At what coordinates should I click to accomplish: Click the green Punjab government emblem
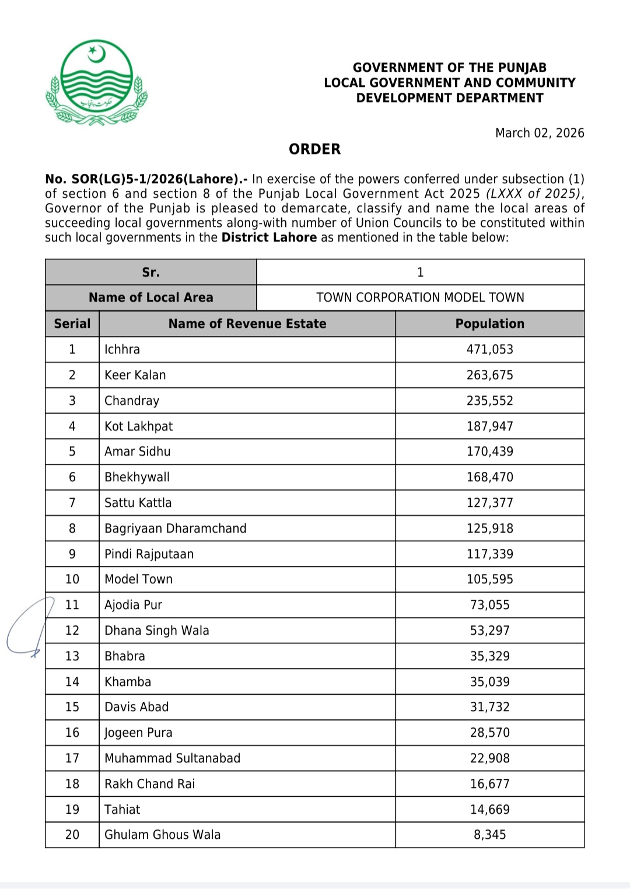tap(96, 82)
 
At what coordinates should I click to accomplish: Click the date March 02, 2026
tap(539, 133)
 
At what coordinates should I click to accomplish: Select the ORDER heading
tap(314, 149)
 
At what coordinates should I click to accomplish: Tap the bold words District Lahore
tap(269, 237)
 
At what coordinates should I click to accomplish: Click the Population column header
tap(489, 324)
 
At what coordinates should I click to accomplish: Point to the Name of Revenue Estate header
tap(247, 324)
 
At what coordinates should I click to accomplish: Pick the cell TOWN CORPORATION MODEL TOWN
tap(420, 297)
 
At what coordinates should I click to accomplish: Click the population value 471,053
tap(489, 349)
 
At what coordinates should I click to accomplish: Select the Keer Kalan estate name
tap(135, 375)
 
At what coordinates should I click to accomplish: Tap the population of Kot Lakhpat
tap(489, 426)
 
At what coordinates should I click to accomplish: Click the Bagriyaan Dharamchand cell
tap(176, 528)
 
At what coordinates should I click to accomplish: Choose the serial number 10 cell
tap(72, 579)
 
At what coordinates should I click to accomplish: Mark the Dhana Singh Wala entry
tap(157, 631)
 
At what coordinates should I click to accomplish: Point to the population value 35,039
tap(489, 682)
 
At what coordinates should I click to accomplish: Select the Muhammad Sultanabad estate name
tap(172, 758)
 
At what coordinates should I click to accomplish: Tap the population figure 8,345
tap(489, 835)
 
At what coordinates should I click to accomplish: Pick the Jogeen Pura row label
tap(138, 733)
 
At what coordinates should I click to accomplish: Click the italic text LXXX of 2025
tap(533, 194)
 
